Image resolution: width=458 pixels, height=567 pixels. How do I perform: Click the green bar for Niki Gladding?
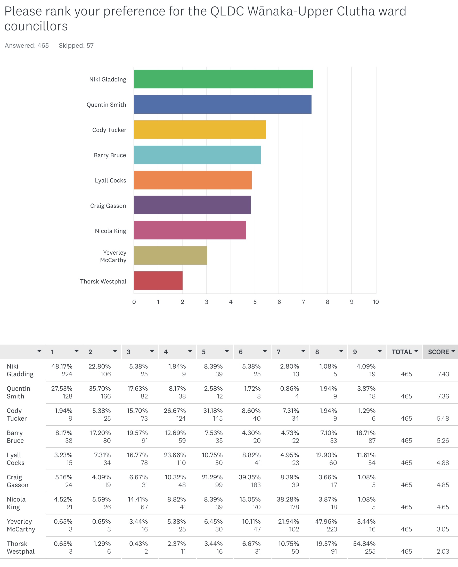click(223, 79)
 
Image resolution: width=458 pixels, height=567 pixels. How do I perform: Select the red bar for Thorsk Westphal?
click(158, 280)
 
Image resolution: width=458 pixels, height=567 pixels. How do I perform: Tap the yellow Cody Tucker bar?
click(200, 130)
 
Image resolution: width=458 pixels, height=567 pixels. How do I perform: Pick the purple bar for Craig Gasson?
click(192, 205)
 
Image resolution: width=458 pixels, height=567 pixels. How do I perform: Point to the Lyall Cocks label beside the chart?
click(110, 180)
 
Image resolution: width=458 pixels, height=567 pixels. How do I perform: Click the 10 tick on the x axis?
click(375, 302)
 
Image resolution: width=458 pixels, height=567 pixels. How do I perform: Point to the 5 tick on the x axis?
click(255, 302)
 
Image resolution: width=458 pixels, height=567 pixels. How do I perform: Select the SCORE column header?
click(438, 352)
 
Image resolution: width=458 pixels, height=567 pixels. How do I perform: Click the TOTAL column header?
click(402, 352)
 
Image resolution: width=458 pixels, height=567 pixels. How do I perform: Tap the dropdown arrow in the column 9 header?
click(380, 351)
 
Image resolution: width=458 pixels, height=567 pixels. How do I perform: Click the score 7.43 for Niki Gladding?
click(443, 374)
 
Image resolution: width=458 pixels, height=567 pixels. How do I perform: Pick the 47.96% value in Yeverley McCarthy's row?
click(326, 521)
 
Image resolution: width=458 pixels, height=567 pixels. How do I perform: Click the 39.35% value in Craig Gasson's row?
click(250, 477)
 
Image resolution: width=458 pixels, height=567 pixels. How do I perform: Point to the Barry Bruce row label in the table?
click(15, 437)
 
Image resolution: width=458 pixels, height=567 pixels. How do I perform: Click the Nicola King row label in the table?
click(16, 503)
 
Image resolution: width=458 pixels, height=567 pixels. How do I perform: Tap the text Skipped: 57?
click(76, 46)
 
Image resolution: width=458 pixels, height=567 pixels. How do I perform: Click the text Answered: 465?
click(27, 46)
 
